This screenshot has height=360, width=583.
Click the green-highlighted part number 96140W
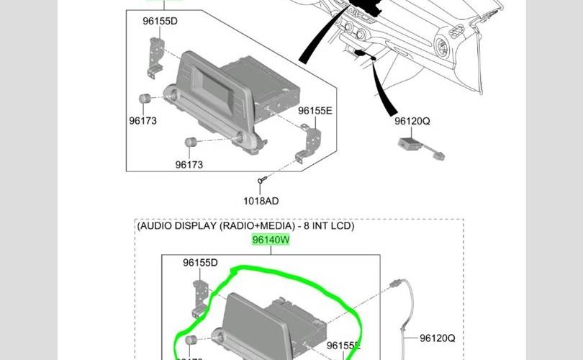[x=271, y=240]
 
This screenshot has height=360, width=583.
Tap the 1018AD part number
[x=261, y=201]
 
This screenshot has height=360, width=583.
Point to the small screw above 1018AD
[x=262, y=180]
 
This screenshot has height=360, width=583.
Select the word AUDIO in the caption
[x=155, y=226]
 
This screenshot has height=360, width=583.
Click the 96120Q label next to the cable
[x=438, y=338]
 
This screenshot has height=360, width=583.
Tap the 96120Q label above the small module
[x=412, y=122]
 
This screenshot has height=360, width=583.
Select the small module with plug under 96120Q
[x=414, y=146]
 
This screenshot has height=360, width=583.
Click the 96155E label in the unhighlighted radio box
[x=315, y=110]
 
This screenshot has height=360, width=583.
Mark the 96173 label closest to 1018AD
[x=189, y=165]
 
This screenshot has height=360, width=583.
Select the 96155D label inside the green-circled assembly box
[x=200, y=263]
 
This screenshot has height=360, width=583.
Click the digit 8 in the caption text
[x=306, y=226]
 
